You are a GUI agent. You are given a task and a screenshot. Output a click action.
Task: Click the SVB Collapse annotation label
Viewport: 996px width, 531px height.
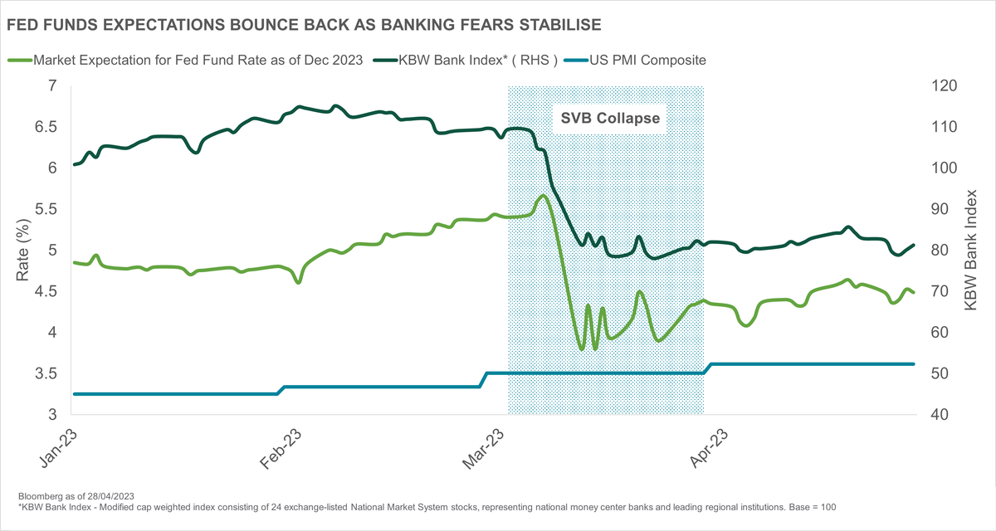(x=607, y=118)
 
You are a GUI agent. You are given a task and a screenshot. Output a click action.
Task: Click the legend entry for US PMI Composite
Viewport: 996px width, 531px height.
(x=647, y=60)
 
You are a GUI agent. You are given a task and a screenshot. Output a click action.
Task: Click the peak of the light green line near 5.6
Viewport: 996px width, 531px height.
(x=543, y=196)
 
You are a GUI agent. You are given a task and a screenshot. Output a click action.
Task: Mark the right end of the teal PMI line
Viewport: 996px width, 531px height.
(x=913, y=364)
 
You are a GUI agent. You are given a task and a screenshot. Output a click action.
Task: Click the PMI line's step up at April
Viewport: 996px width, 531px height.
(x=707, y=368)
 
